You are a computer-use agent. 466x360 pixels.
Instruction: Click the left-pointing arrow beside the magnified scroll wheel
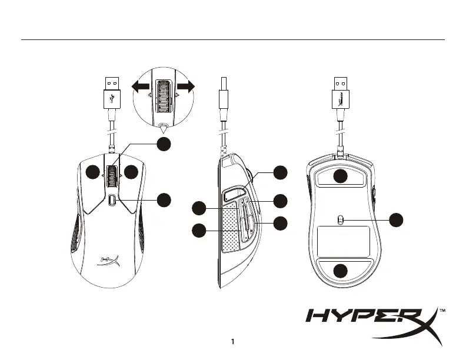click(140, 86)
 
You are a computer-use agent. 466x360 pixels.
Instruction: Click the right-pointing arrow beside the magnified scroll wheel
click(185, 86)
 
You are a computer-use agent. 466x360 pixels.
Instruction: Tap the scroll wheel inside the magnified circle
click(162, 94)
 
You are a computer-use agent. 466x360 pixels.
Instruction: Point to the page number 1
click(233, 342)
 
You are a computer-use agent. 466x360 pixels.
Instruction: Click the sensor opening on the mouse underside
click(340, 219)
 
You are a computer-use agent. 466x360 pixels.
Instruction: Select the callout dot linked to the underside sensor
click(398, 219)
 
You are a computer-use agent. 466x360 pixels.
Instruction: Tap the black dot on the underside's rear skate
click(340, 271)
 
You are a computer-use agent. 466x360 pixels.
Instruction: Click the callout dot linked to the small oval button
click(165, 199)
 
